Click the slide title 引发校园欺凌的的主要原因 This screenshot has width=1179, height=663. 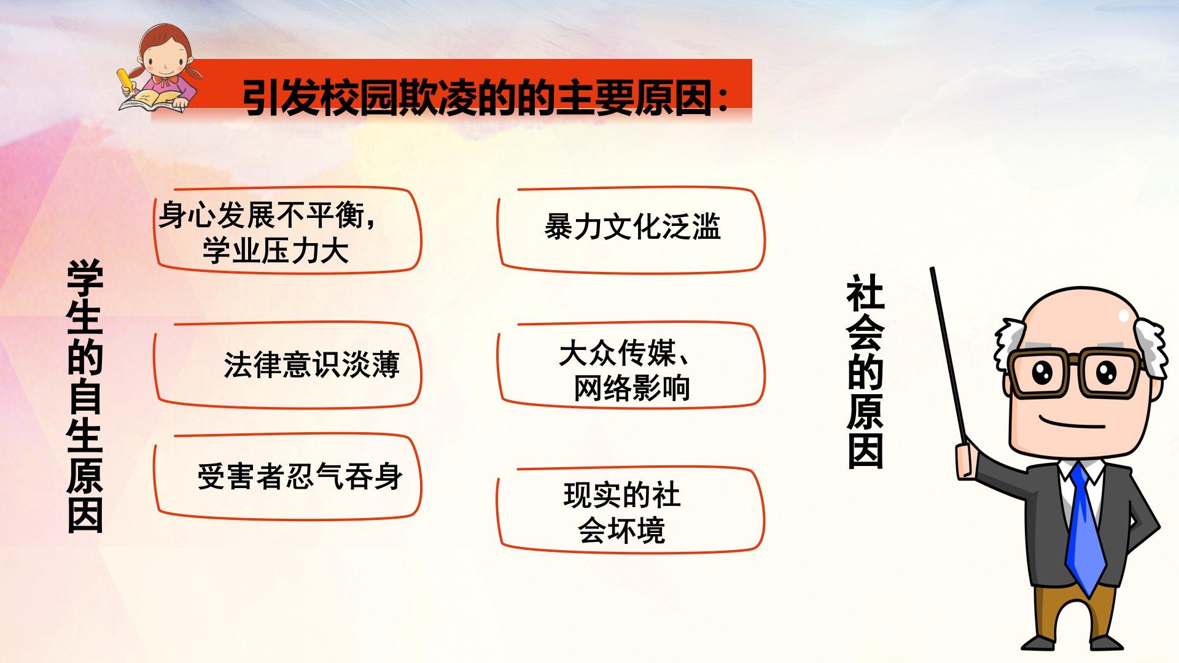(x=477, y=98)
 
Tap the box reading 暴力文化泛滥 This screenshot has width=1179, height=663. (x=631, y=230)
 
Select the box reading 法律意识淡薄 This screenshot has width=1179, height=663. (x=287, y=365)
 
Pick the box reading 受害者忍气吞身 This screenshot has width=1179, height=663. (x=287, y=477)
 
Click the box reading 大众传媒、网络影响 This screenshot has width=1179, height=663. (x=631, y=365)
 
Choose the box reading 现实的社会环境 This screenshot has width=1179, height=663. (x=631, y=510)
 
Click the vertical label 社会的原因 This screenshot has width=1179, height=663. (x=865, y=372)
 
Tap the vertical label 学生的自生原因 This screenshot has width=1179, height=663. (x=85, y=396)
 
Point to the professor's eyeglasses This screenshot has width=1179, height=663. (x=1075, y=372)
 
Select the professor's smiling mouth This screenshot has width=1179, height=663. (x=1072, y=424)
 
